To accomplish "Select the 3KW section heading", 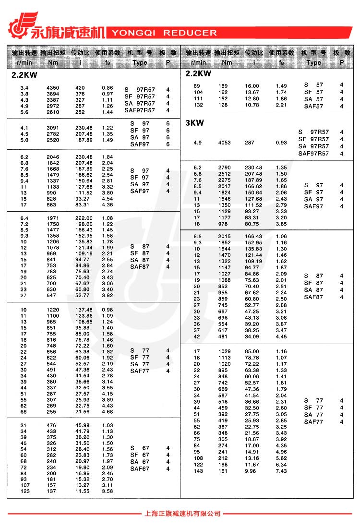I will pos(194,123).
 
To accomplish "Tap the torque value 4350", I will pos(53,88).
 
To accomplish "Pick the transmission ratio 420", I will pos(80,88).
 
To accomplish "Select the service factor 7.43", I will pos(281,471).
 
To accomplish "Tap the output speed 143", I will pos(198,471).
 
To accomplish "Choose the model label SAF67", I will pos(140,468).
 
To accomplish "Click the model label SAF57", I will pos(313,106).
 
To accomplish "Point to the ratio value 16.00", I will pos(252,86).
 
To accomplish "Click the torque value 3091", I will pos(53,128).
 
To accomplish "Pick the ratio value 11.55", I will pos(83,491).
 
